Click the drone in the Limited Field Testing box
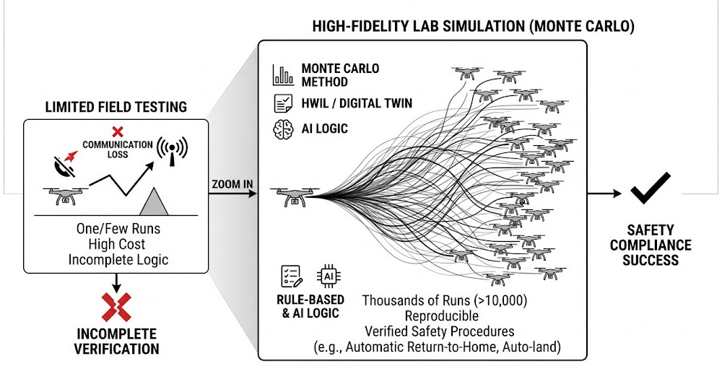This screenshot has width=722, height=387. pos(62,196)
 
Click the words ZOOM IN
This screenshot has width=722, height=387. pos(232,184)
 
